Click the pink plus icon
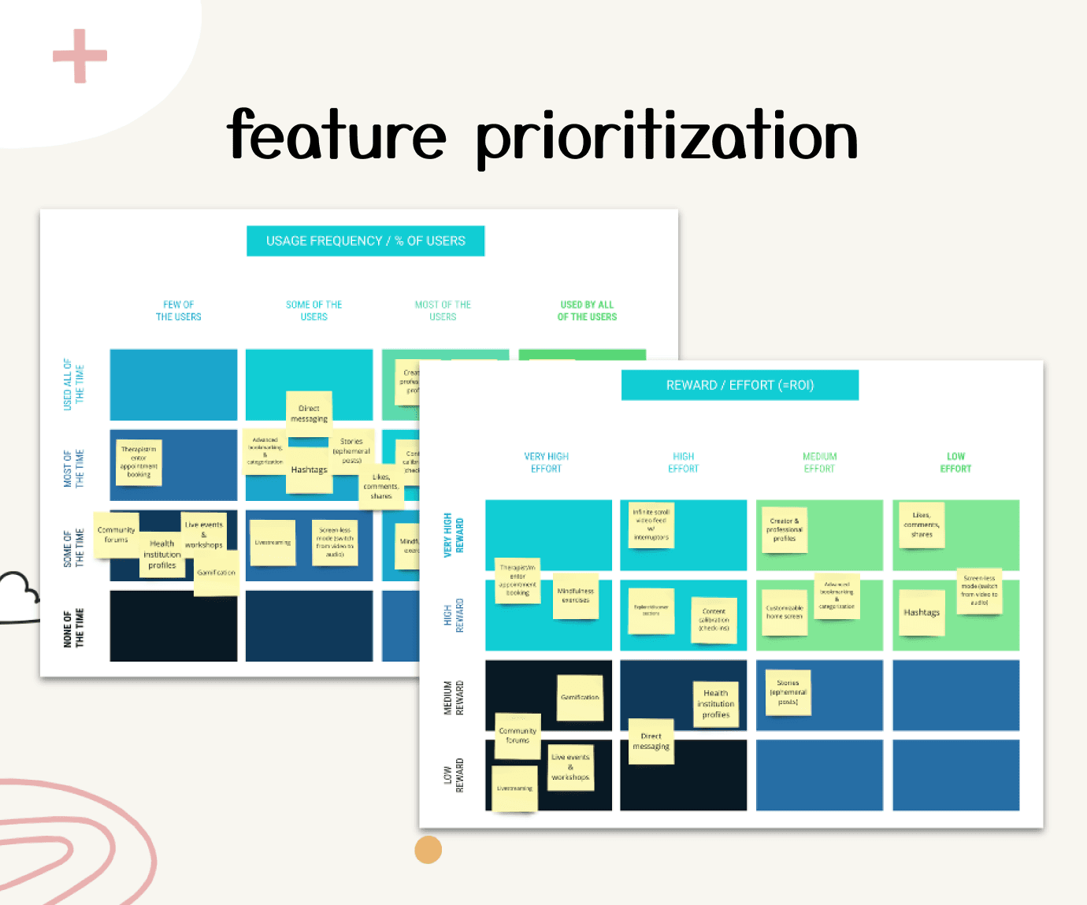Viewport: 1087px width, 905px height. click(80, 56)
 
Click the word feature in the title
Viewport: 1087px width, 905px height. click(336, 135)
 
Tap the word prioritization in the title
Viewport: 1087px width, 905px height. click(666, 138)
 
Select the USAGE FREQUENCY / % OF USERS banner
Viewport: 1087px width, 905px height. click(365, 241)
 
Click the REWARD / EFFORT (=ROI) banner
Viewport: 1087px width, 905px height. click(740, 385)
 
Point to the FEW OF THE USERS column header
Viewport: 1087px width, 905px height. click(178, 310)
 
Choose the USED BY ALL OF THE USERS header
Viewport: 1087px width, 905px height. click(587, 310)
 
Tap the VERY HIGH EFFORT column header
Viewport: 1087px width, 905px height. click(546, 462)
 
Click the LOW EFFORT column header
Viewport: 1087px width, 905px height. click(955, 462)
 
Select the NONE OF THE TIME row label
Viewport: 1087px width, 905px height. click(73, 628)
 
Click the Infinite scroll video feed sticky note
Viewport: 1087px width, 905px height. click(651, 525)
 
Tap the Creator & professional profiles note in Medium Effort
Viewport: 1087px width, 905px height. click(784, 529)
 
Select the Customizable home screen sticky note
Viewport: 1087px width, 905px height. click(785, 612)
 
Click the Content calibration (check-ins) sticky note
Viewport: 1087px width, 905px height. click(714, 619)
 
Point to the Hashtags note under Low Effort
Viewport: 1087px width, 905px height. click(922, 613)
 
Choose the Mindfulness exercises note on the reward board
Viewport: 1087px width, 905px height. click(575, 595)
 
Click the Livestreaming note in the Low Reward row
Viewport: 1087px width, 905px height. click(514, 788)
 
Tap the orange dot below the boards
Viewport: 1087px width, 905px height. click(428, 850)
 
